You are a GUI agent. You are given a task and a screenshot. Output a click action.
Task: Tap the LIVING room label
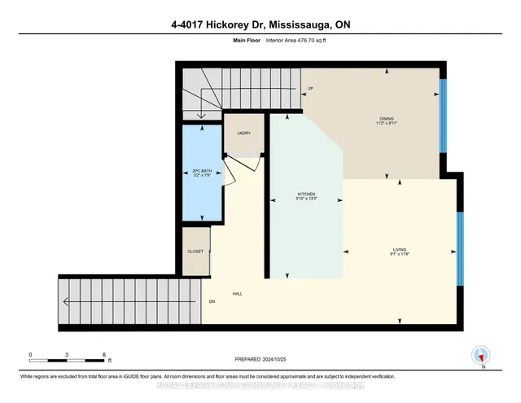click(x=398, y=251)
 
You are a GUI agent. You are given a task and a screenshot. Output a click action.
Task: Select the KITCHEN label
click(x=305, y=195)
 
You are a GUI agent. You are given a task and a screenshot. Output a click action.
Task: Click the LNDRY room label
click(x=243, y=134)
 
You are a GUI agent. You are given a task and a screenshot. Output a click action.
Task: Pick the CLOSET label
click(x=195, y=252)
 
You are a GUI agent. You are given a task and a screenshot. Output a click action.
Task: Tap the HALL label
click(x=237, y=294)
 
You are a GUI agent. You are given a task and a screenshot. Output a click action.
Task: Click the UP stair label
click(x=311, y=88)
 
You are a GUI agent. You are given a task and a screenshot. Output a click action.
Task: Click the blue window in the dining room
click(x=443, y=114)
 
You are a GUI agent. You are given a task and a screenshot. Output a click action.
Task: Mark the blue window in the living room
click(x=460, y=248)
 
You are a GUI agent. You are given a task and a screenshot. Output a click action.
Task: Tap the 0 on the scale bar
click(x=31, y=355)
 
